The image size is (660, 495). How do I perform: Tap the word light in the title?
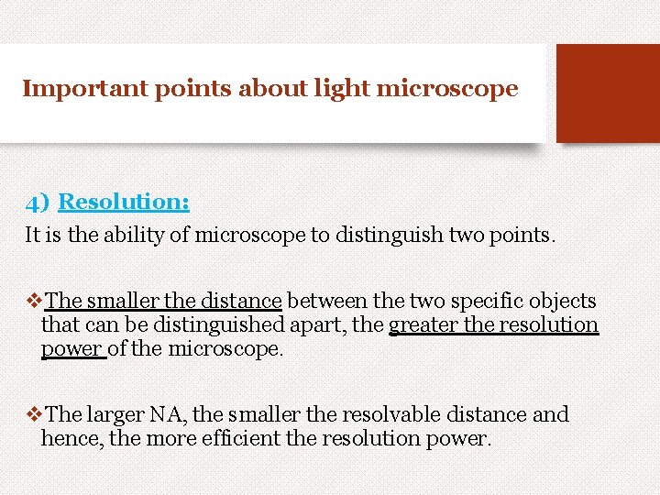coord(337,89)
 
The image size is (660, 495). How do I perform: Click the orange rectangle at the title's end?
coord(607,93)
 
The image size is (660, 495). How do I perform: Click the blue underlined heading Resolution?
coord(124,202)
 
